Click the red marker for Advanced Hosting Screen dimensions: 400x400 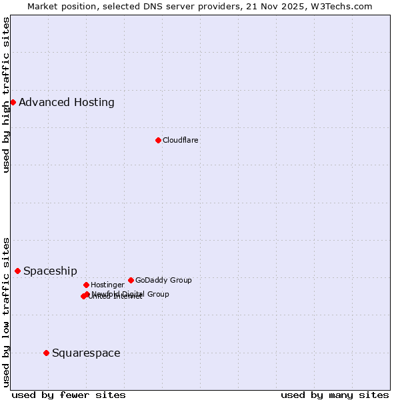pos(13,102)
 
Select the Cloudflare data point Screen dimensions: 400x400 pos(158,140)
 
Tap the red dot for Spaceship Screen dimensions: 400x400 pos(17,271)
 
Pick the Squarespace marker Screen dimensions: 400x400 pos(46,353)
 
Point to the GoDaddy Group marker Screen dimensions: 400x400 pos(131,280)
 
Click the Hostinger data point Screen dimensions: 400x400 pos(86,285)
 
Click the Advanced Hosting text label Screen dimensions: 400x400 pos(67,102)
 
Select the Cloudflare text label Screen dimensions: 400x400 pos(181,140)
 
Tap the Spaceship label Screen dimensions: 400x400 pos(50,271)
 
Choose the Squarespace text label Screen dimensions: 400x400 pos(86,353)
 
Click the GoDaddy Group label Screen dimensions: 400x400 pos(163,280)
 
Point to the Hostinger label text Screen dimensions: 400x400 pos(107,285)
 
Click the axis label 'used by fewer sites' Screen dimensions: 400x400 pos(69,395)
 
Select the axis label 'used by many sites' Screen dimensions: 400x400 pos(335,395)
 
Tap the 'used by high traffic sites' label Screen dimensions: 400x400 pos(7,95)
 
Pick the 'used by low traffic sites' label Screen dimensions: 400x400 pos(7,311)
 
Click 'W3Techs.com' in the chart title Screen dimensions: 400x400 pos(344,6)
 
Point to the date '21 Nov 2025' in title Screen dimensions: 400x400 pos(283,6)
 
